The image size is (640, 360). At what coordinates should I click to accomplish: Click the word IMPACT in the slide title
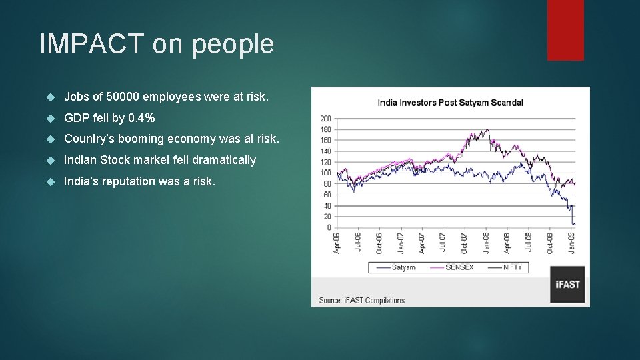pos(91,44)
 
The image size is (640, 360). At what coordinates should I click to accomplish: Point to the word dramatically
pos(224,160)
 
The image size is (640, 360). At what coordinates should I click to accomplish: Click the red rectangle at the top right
pos(565,30)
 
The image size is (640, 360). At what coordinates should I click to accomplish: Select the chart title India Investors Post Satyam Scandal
pos(450,103)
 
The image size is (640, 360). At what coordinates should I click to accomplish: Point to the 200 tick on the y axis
pos(326,119)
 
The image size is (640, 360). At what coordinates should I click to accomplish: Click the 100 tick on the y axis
pos(326,173)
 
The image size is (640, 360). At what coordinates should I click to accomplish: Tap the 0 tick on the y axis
pos(329,227)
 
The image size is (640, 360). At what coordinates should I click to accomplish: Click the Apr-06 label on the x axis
pos(337,243)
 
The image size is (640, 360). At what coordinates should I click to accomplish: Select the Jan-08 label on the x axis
pos(487,243)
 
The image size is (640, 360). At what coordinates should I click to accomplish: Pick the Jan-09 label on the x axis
pos(571,243)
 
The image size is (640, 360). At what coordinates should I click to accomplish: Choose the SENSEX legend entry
pos(457,267)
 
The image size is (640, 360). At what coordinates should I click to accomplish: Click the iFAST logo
pos(568,284)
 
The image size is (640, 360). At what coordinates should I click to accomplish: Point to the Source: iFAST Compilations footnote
pos(361,301)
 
